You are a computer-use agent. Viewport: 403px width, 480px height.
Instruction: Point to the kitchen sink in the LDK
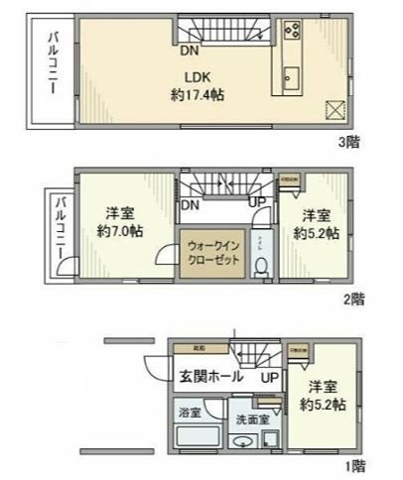click(293, 75)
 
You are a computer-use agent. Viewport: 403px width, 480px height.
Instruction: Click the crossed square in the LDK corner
click(335, 110)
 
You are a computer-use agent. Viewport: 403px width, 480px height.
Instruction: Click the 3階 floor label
click(348, 142)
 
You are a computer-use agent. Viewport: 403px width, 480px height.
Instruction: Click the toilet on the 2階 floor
click(261, 265)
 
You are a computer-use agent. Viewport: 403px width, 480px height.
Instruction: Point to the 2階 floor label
click(355, 298)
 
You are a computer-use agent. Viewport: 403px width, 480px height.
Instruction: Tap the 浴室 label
click(190, 411)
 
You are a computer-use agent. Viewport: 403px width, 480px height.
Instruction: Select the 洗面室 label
click(251, 419)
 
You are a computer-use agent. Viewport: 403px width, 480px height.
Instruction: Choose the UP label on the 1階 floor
click(269, 378)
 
